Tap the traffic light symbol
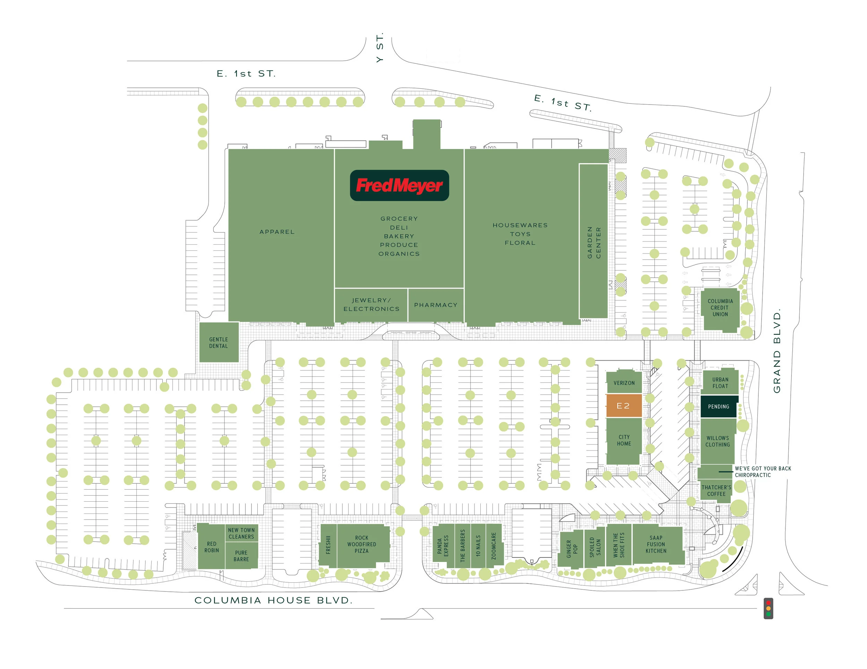point(768,608)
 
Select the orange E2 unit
point(623,406)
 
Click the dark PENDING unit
point(718,406)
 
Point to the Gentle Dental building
point(218,343)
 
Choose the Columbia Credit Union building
point(720,308)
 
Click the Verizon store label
point(624,383)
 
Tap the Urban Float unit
point(720,383)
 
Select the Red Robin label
point(211,547)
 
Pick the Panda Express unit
point(443,546)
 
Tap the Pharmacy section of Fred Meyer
point(436,305)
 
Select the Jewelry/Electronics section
point(371,305)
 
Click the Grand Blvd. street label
point(777,351)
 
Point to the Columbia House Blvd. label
point(273,600)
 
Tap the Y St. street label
point(379,47)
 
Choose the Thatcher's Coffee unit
point(716,491)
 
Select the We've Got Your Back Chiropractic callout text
point(762,472)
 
